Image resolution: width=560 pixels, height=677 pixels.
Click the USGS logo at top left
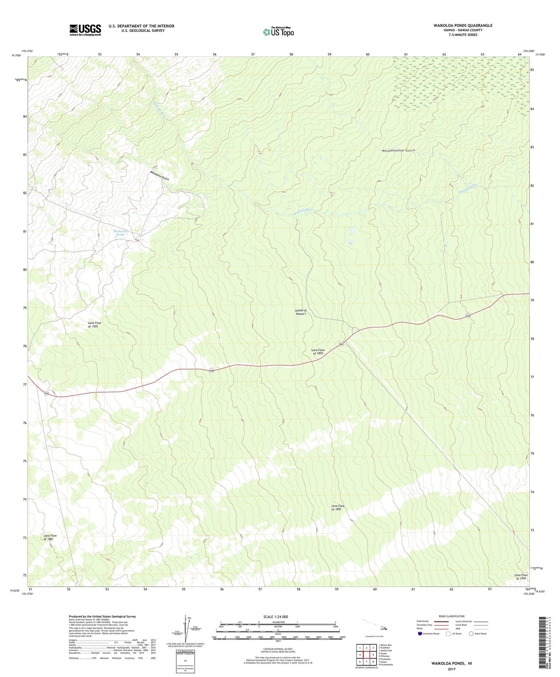85,29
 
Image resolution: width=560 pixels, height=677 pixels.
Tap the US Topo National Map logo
278,31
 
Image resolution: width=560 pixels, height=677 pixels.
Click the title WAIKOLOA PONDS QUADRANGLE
463,26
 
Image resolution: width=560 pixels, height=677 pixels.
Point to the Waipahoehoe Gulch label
398,150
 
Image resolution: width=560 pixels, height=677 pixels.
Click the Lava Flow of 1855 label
318,352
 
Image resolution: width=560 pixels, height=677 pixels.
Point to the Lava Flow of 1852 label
338,508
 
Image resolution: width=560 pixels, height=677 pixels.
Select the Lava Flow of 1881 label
50,537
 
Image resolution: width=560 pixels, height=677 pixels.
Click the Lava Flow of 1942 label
520,577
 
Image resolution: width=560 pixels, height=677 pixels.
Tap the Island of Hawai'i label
300,312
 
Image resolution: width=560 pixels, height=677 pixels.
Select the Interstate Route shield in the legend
420,634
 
